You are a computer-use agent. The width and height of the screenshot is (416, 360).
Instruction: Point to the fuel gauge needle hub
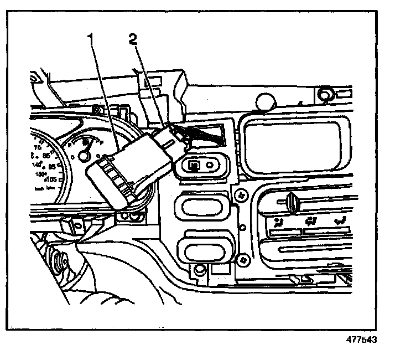pyautogui.click(x=82, y=157)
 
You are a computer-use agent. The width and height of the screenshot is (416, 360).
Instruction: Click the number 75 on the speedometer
pyautogui.click(x=38, y=148)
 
